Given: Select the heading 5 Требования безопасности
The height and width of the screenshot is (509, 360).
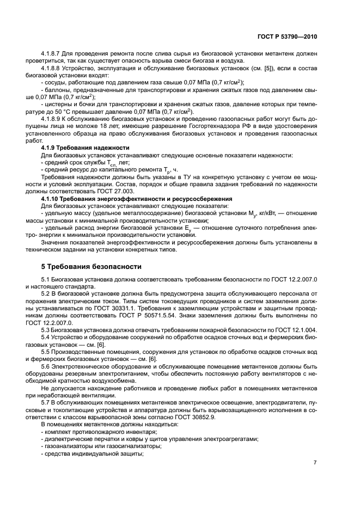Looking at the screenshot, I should click(91, 267).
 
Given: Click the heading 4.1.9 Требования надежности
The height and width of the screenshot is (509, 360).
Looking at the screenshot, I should click(85, 148).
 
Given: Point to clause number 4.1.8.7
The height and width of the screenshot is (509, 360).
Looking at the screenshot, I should click(52, 53).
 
